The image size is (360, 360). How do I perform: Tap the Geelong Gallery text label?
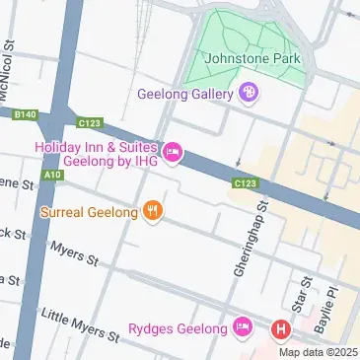pos(184,94)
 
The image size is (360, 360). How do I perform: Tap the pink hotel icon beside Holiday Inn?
pos(174,151)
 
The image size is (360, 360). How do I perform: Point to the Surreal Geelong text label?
pos(88,210)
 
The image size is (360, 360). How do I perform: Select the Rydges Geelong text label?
pos(178,327)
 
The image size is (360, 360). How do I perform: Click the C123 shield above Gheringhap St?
pos(247,183)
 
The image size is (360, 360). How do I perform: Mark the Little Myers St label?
pos(79,326)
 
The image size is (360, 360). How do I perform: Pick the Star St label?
pos(305,293)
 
